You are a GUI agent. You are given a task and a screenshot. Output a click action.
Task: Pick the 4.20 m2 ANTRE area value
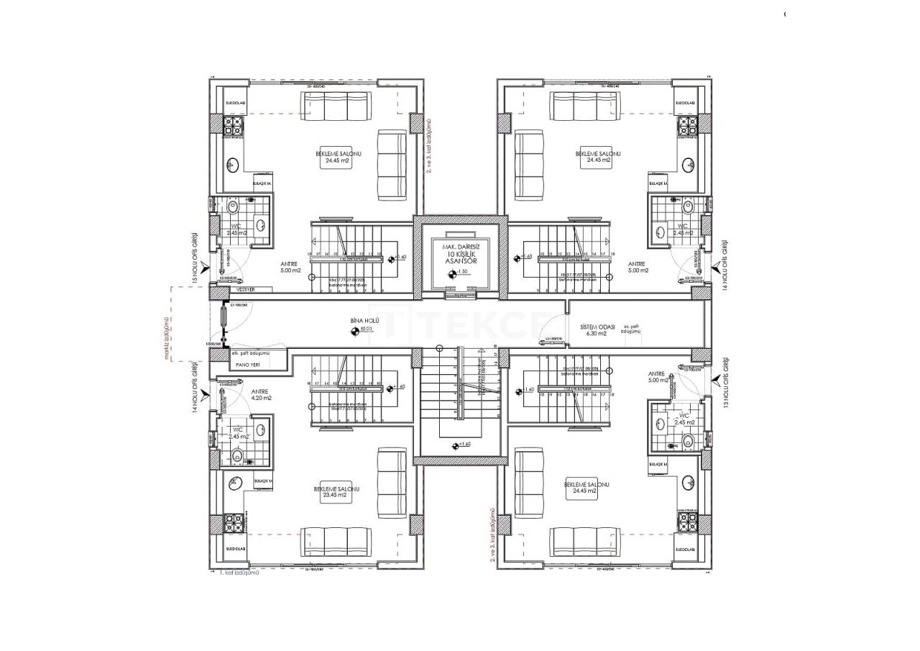pos(261,398)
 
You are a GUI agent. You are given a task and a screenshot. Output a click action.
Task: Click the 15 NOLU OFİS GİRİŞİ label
pos(194,258)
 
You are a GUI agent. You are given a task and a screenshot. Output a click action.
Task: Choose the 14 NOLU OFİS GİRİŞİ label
pos(194,387)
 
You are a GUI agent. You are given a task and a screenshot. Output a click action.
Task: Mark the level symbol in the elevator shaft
pos(451,273)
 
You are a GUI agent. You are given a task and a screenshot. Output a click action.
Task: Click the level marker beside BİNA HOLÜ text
pos(354,332)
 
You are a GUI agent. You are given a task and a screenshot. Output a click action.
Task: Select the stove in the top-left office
pos(234,127)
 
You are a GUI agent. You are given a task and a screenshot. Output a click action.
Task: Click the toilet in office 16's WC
pos(688,208)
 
